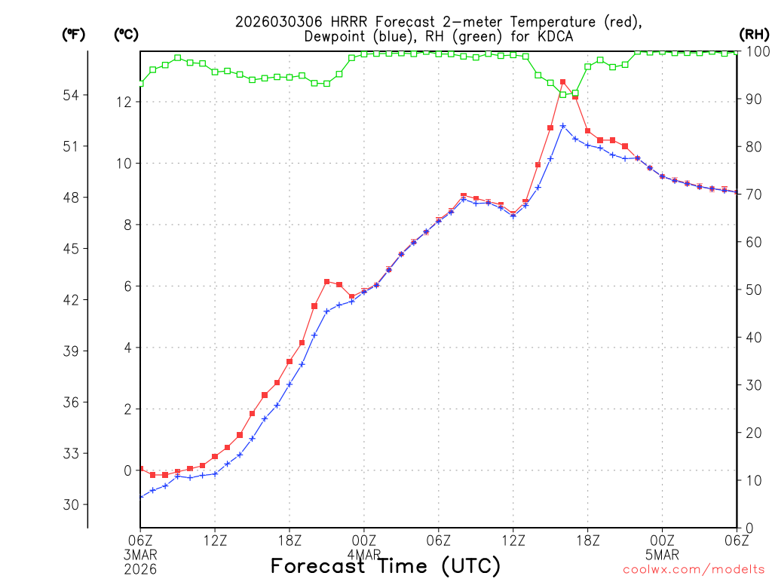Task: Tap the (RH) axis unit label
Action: (752, 34)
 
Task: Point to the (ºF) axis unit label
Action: (74, 34)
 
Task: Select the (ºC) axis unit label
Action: (127, 34)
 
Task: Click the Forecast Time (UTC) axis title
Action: (385, 565)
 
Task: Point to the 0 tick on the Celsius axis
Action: (127, 470)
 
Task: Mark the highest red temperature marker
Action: (562, 82)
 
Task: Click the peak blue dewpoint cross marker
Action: (562, 126)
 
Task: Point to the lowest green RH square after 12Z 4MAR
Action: (562, 94)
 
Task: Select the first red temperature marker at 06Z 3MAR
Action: (140, 469)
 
